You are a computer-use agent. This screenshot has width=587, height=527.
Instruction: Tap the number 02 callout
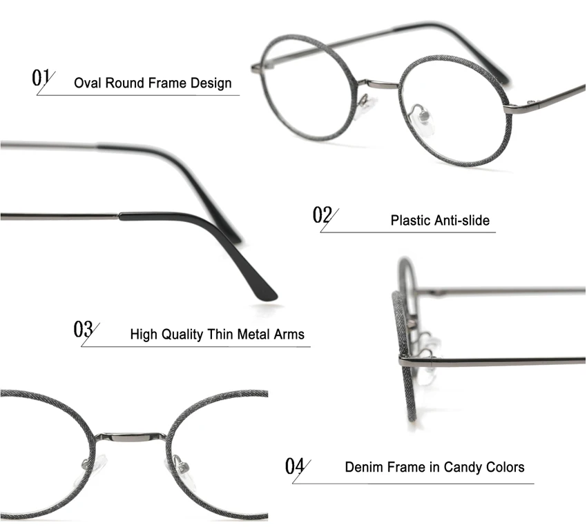click(x=323, y=215)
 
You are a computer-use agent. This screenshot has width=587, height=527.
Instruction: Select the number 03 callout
click(x=84, y=328)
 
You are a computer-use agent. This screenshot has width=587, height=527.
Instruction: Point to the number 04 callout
click(x=295, y=466)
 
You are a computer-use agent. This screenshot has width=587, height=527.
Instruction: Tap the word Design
click(x=210, y=84)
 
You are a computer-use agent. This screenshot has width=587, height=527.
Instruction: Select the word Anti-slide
click(x=462, y=221)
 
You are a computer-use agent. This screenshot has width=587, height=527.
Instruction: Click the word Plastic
click(x=411, y=221)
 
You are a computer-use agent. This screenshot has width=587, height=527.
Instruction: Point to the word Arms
click(x=289, y=335)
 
